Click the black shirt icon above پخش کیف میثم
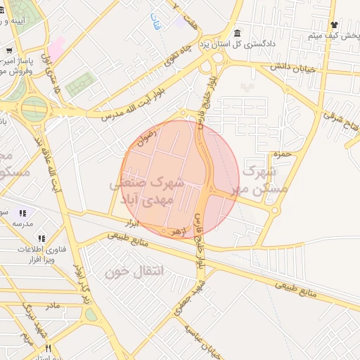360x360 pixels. pyautogui.click(x=335, y=24)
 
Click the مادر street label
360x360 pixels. pyautogui.click(x=52, y=306)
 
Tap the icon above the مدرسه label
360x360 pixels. pyautogui.click(x=22, y=212)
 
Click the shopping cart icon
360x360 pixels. pyautogui.click(x=9, y=51)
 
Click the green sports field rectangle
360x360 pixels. pyautogui.click(x=79, y=83)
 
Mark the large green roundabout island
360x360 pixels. pyautogui.click(x=34, y=109)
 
